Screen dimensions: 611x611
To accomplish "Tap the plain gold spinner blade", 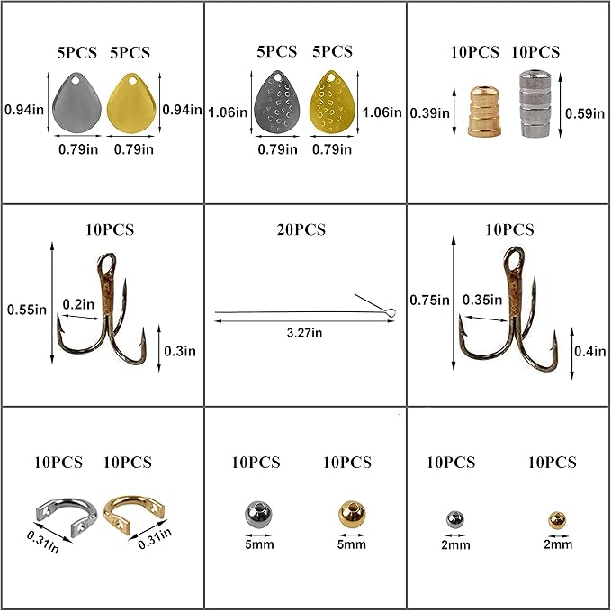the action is [x=131, y=103].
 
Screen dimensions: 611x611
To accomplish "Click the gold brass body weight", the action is [x=484, y=112].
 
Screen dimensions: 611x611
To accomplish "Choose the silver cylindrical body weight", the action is [x=535, y=104].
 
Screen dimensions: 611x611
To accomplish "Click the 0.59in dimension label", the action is [x=585, y=113].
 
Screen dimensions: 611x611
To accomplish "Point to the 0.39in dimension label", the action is [x=430, y=113].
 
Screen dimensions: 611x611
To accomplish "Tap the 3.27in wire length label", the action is [x=304, y=333].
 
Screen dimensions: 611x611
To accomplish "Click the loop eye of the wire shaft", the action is [x=391, y=311].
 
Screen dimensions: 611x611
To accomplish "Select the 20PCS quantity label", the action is [x=301, y=229].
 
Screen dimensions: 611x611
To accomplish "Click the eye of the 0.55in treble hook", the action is [x=107, y=265].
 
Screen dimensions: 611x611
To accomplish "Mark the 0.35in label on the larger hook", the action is [x=482, y=300].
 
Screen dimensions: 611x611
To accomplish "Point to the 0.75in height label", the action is [x=429, y=300].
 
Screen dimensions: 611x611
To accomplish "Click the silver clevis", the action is [x=67, y=516].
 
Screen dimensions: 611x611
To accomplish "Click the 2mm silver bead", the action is [x=454, y=519].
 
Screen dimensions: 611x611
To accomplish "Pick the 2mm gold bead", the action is [x=557, y=519].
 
